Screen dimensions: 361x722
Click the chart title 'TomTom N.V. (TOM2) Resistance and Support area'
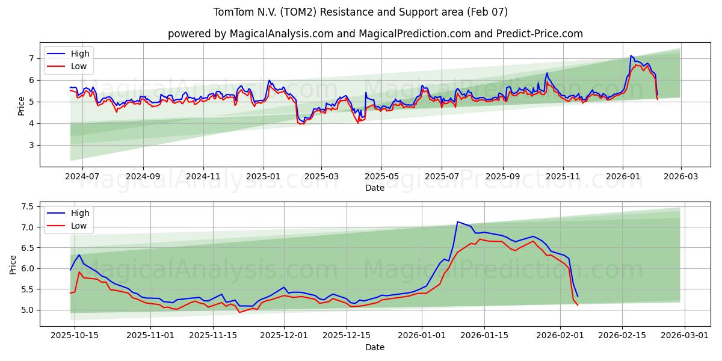point(360,12)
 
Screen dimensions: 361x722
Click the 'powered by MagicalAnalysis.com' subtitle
point(375,34)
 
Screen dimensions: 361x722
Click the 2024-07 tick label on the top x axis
point(82,177)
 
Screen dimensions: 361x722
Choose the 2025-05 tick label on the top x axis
point(381,177)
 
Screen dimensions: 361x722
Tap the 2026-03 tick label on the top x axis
point(681,177)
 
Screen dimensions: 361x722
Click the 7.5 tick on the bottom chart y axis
point(27,206)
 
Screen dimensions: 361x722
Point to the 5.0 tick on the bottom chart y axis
point(27,310)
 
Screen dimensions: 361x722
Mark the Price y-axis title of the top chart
point(22,106)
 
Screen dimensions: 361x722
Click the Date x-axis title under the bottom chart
point(374,347)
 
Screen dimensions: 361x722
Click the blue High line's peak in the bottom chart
point(457,221)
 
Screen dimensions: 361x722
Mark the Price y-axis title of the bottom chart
point(13,264)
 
